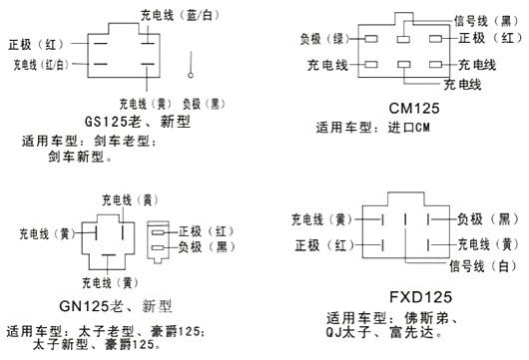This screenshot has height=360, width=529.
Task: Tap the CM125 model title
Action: [407, 108]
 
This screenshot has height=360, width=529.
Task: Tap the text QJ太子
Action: [350, 331]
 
